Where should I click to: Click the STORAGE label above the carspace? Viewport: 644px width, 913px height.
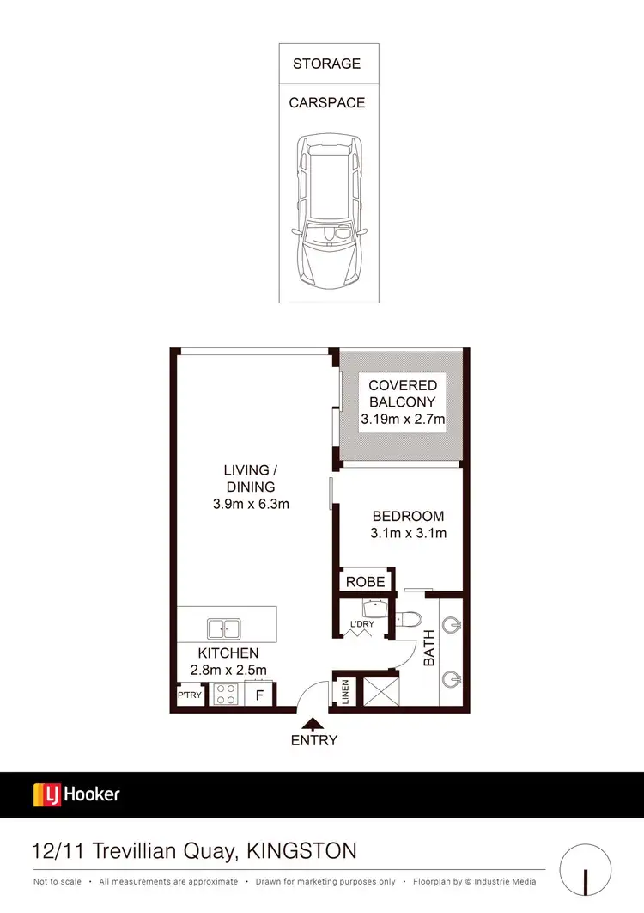(326, 64)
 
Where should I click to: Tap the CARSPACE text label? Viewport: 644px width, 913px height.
(326, 102)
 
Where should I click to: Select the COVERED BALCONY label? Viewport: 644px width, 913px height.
(403, 394)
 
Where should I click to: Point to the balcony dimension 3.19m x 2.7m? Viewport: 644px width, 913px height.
(403, 420)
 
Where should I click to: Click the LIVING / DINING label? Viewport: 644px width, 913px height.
(251, 478)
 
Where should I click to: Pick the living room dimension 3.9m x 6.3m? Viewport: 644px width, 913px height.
(251, 504)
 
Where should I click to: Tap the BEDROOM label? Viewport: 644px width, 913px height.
(408, 517)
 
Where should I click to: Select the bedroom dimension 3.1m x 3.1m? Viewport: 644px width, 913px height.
(408, 533)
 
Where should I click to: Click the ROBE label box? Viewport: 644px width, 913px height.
(365, 582)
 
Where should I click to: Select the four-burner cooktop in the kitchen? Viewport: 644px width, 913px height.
(226, 694)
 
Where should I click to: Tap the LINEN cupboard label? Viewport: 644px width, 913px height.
(345, 693)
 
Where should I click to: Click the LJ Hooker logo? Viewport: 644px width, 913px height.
(76, 794)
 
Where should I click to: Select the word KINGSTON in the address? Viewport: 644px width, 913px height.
(301, 851)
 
